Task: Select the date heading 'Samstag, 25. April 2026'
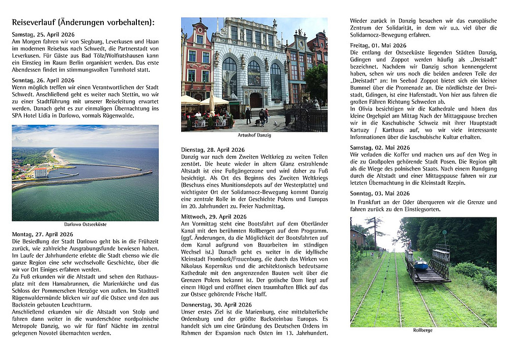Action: point(43,34)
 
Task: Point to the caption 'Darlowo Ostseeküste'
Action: point(85,224)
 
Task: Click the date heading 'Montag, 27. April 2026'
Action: point(43,234)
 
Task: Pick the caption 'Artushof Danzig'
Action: point(254,135)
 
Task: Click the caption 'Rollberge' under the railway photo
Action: point(423,330)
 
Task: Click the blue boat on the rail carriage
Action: point(420,265)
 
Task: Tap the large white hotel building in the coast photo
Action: point(40,172)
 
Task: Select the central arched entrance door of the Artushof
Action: point(255,100)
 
